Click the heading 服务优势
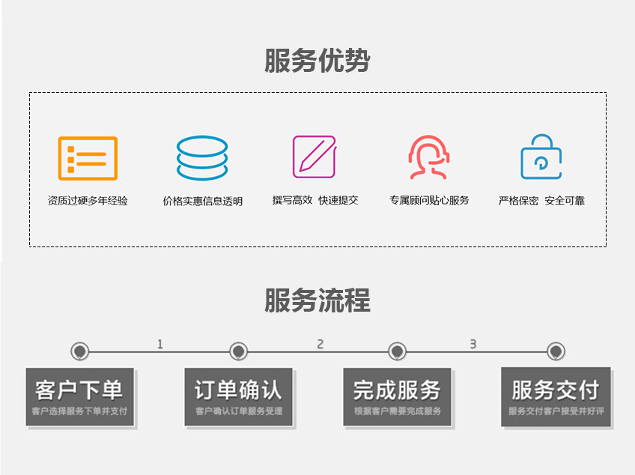click(317, 61)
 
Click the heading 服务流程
click(317, 300)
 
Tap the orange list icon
click(88, 158)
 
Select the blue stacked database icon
click(202, 158)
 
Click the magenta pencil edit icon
click(314, 157)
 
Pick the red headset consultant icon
click(428, 157)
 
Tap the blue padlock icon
click(541, 157)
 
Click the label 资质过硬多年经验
click(88, 201)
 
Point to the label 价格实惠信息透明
click(202, 201)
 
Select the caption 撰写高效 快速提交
click(315, 200)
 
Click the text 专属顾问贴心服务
click(429, 200)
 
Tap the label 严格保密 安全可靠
click(541, 200)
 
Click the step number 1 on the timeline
click(159, 344)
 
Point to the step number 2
click(320, 344)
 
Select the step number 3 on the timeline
click(473, 344)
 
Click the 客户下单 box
click(79, 396)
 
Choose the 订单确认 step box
click(238, 396)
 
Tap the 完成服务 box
click(397, 396)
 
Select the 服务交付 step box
click(556, 396)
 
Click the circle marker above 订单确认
click(238, 351)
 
